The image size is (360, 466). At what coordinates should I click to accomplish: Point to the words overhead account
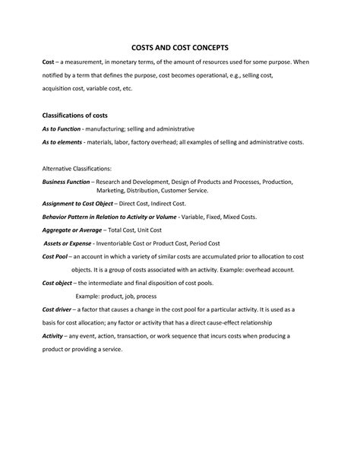(x=267, y=270)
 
